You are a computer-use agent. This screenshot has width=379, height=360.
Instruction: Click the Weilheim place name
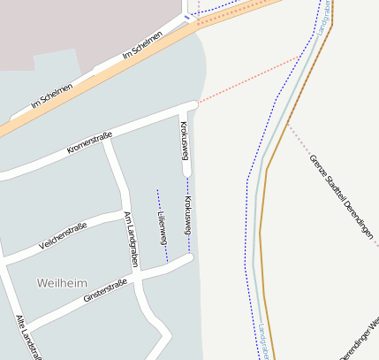(62, 282)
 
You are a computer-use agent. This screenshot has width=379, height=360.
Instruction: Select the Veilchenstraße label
(62, 236)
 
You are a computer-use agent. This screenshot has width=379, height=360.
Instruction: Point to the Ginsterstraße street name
(105, 292)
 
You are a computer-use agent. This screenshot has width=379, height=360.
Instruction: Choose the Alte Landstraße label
(28, 339)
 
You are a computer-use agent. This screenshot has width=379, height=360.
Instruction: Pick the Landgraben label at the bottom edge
(262, 341)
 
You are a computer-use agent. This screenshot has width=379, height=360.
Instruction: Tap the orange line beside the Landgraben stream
(262, 265)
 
